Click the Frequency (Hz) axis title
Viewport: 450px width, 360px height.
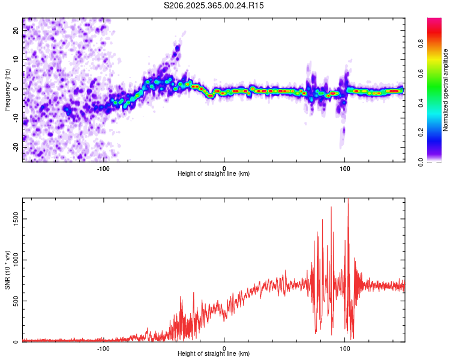coord(7,89)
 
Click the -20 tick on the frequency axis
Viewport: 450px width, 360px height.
coord(16,147)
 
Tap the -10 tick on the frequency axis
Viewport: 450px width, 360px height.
coord(16,118)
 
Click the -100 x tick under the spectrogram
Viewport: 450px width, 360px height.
coord(103,168)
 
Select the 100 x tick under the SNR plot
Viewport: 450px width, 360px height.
coord(345,348)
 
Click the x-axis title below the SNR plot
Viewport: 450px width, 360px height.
coord(214,354)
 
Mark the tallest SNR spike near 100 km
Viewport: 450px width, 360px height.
coord(348,201)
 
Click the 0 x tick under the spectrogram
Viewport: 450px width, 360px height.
coord(224,168)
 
